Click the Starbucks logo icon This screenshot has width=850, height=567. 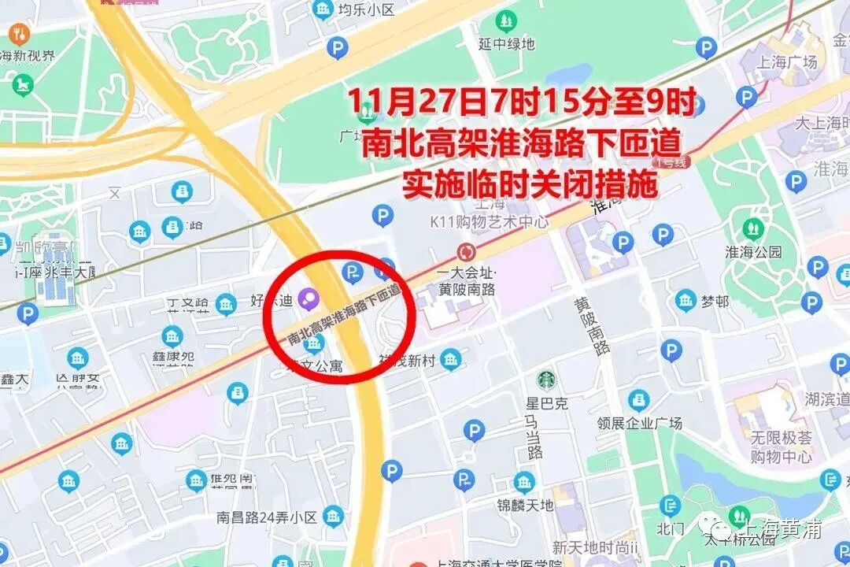546,380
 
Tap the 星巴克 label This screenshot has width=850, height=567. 546,404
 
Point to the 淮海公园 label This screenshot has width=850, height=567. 754,252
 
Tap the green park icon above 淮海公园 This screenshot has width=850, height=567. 753,229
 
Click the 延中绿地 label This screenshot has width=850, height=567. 507,44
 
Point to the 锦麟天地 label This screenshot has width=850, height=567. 525,505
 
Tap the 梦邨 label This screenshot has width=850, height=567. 715,301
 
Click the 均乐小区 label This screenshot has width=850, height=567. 365,10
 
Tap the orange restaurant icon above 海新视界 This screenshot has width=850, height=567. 20,34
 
